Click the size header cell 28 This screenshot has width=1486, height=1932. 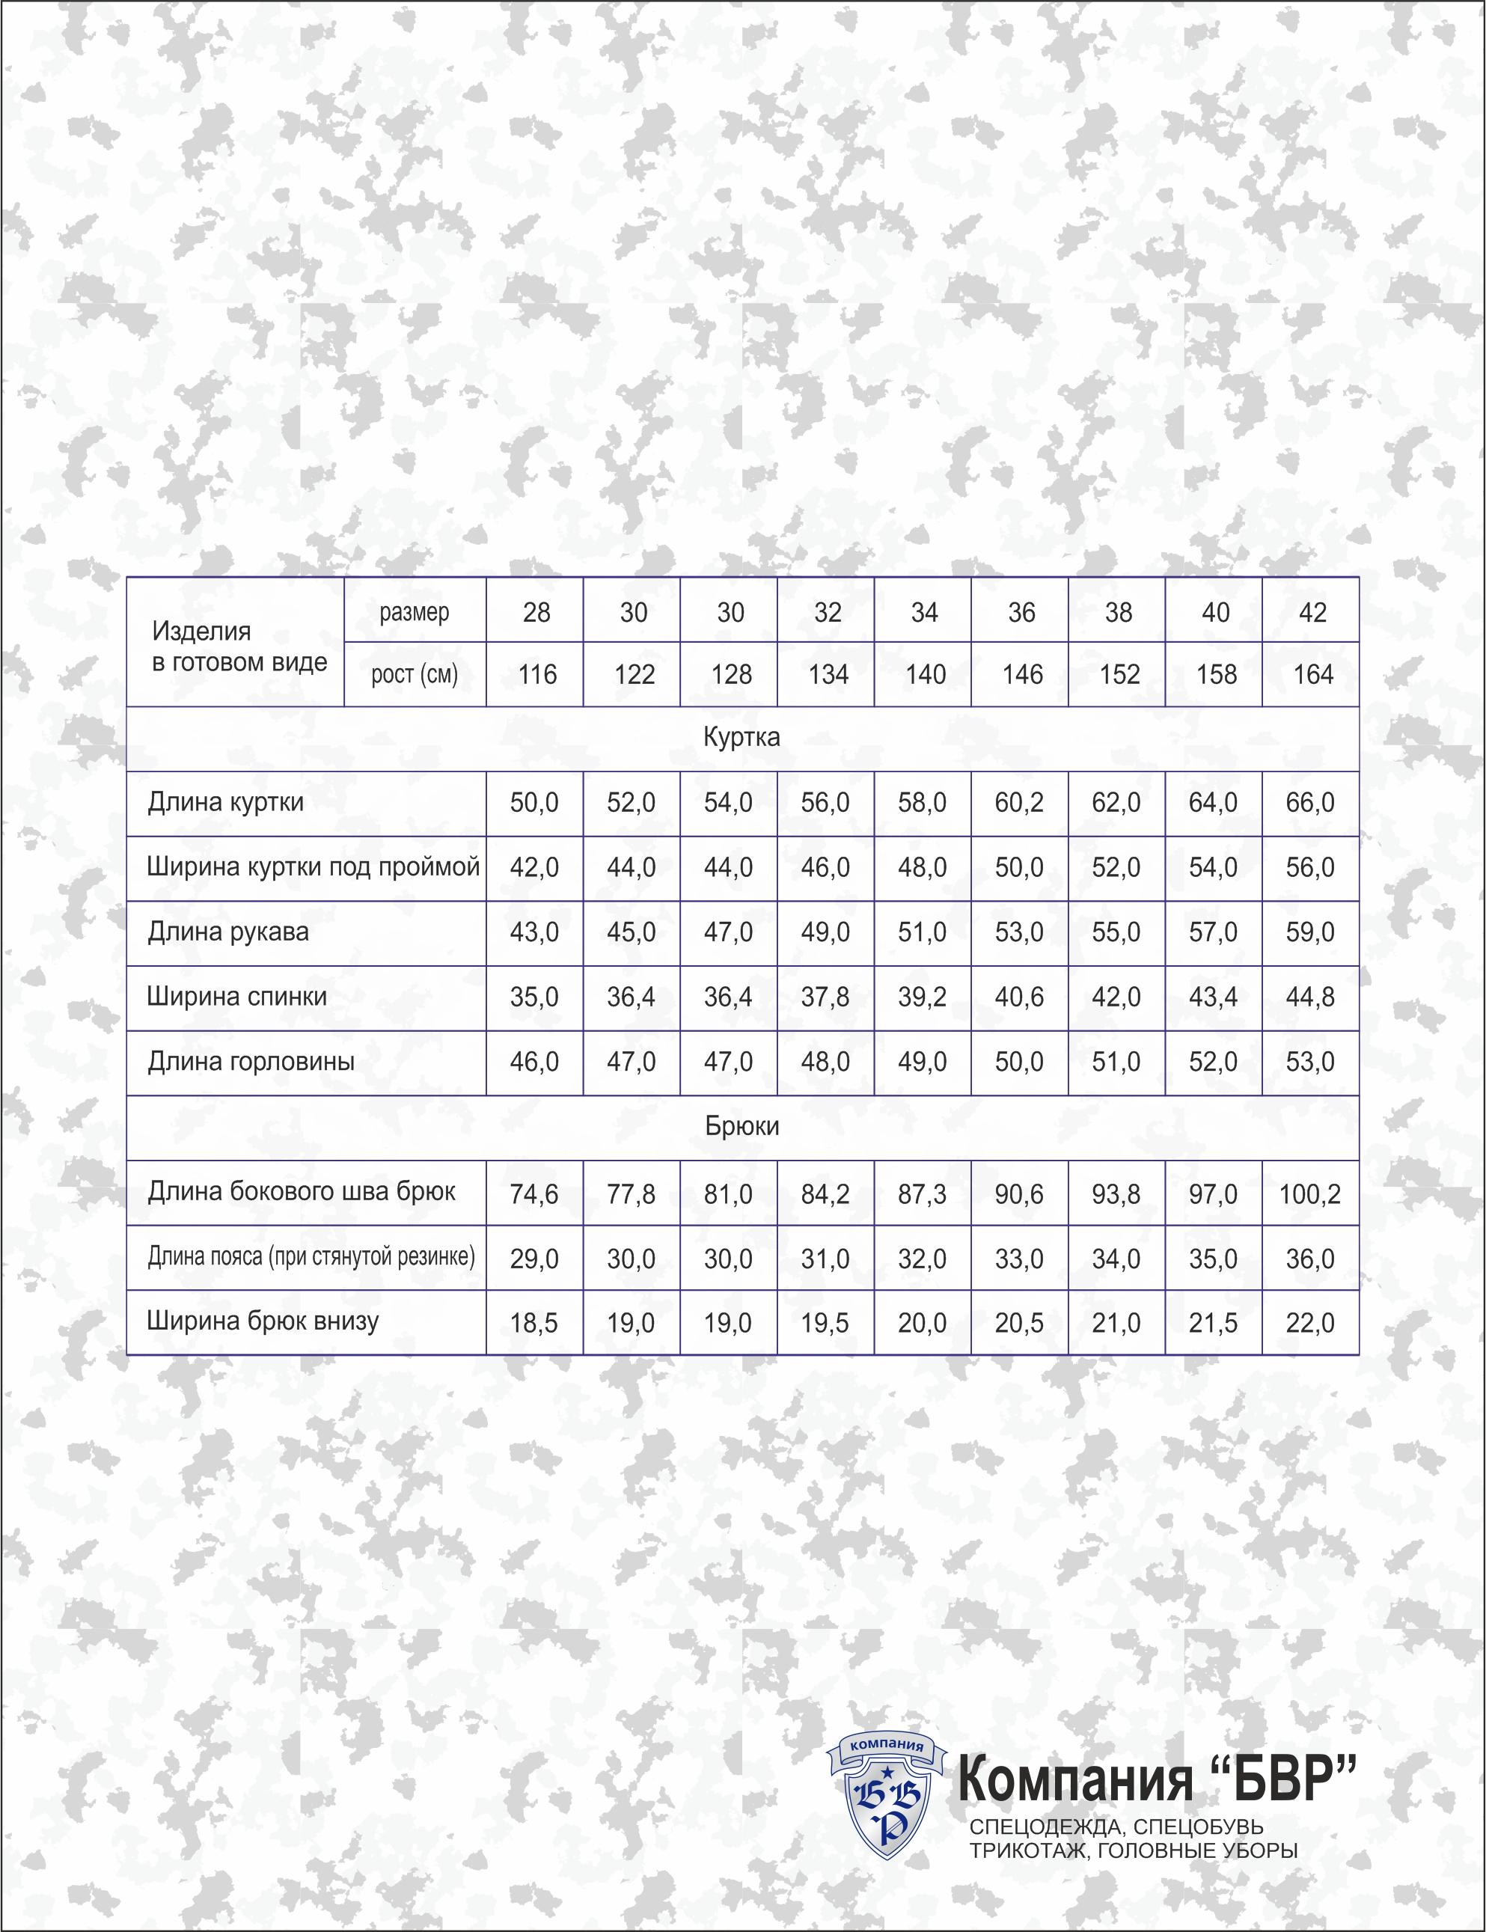[x=536, y=612]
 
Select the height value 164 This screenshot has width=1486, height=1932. [x=1312, y=675]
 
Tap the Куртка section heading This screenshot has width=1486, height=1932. [x=742, y=738]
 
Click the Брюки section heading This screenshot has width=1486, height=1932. [x=742, y=1127]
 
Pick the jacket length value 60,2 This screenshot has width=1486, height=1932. [x=1020, y=802]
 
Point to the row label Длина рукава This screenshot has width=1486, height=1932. [x=228, y=932]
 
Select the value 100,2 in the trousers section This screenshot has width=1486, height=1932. [x=1310, y=1194]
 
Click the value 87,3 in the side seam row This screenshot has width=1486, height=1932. [x=923, y=1194]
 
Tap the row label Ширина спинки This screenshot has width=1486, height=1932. [x=237, y=997]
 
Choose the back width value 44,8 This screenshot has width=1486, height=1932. [x=1310, y=997]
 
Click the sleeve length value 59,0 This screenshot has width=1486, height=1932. [x=1310, y=932]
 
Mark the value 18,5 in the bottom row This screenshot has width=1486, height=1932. [x=534, y=1324]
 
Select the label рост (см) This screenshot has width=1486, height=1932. [x=414, y=675]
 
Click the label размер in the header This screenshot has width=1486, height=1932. [x=414, y=612]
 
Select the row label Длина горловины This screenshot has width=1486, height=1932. [x=251, y=1062]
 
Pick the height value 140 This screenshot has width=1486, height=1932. [x=926, y=675]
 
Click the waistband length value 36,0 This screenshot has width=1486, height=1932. [x=1310, y=1259]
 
